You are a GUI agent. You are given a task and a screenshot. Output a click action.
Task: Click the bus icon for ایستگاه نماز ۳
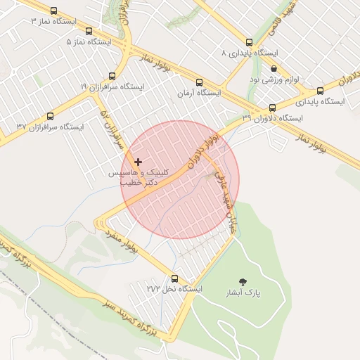click(x=87, y=31)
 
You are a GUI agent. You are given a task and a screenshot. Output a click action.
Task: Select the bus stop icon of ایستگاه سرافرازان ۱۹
click(x=112, y=76)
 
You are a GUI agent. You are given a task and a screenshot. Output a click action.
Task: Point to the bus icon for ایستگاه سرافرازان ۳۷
click(x=50, y=116)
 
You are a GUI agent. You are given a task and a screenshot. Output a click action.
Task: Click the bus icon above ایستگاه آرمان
click(x=200, y=82)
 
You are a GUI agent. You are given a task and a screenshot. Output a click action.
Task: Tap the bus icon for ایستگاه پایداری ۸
click(x=250, y=42)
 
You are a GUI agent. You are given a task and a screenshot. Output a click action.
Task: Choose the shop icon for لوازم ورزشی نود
click(x=274, y=68)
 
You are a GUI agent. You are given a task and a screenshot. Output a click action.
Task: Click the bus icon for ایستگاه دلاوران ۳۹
click(x=272, y=108)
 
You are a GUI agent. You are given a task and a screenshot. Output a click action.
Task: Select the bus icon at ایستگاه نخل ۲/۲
click(x=174, y=278)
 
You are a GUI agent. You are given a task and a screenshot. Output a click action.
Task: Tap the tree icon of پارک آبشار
click(x=243, y=281)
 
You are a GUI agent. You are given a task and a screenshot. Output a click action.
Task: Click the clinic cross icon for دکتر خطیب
click(x=138, y=162)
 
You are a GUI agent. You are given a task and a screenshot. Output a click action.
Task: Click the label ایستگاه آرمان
click(x=198, y=93)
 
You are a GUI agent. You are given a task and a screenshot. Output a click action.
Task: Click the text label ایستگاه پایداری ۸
click(x=250, y=53)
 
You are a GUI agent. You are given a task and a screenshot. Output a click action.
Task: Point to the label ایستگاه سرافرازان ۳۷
click(x=50, y=127)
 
